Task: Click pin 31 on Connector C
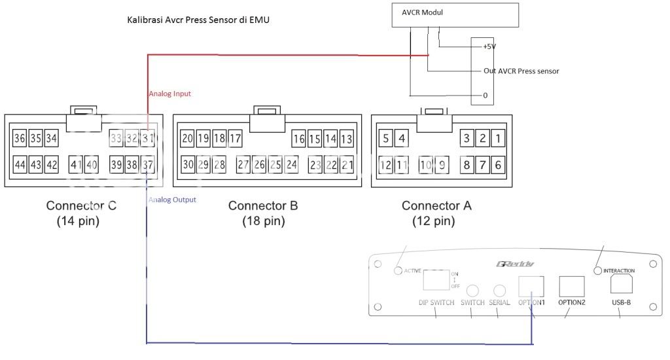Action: click(x=149, y=138)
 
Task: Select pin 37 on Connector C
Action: click(x=149, y=165)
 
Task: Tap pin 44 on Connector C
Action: click(x=20, y=165)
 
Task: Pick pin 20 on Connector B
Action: click(x=188, y=138)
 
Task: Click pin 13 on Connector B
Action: click(x=347, y=138)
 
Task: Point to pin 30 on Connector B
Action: click(x=188, y=165)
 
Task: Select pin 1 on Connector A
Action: click(x=498, y=138)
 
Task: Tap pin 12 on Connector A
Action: click(x=385, y=165)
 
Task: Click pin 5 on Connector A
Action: click(x=386, y=138)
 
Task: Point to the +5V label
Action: click(x=489, y=47)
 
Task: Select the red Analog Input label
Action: click(x=169, y=94)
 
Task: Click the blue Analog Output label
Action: click(x=172, y=200)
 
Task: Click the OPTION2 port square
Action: click(x=571, y=285)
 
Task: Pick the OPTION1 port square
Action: click(x=531, y=285)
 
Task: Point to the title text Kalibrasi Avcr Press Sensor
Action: click(x=198, y=20)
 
